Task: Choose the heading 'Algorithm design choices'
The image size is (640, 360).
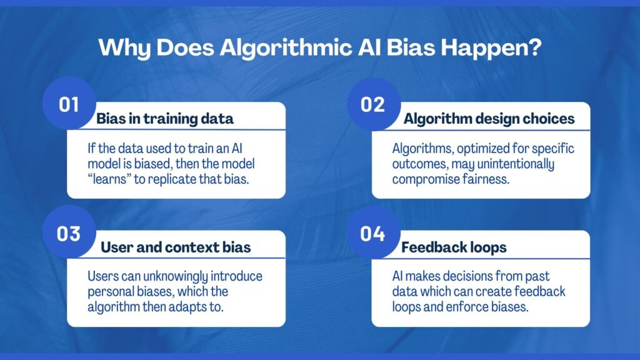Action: coord(489,119)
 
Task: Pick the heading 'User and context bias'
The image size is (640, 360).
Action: coord(176,247)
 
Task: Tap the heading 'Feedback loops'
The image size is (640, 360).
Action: coord(454,247)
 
